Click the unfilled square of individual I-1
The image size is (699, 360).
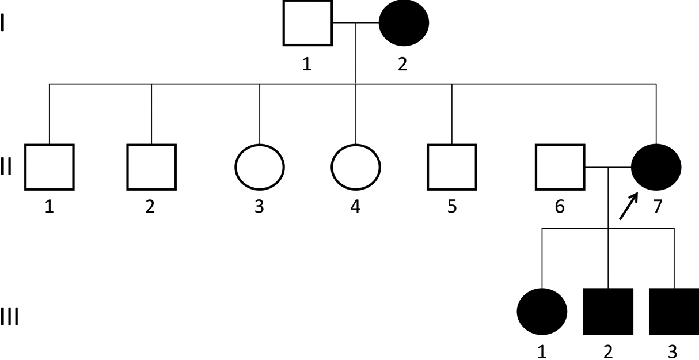tap(308, 23)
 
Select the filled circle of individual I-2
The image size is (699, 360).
tap(404, 23)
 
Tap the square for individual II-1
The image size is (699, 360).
tap(50, 167)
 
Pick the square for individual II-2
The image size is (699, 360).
tap(151, 167)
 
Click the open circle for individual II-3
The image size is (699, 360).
tap(260, 167)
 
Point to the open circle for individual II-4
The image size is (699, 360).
tap(356, 167)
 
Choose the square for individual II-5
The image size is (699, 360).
tap(452, 167)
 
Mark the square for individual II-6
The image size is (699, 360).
tap(560, 167)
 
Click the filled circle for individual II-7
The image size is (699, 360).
tap(656, 167)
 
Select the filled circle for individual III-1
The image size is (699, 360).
tap(542, 311)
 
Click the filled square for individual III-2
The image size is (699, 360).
tap(609, 311)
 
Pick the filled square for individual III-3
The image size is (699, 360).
tap(674, 311)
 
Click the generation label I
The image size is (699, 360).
tap(4, 25)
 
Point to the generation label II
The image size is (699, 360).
tap(6, 168)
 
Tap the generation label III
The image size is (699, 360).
tap(9, 317)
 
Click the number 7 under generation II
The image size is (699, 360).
tap(657, 206)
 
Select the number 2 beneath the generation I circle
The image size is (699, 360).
tap(402, 64)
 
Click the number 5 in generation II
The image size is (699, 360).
tap(452, 206)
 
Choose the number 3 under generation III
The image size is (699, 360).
tap(673, 351)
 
